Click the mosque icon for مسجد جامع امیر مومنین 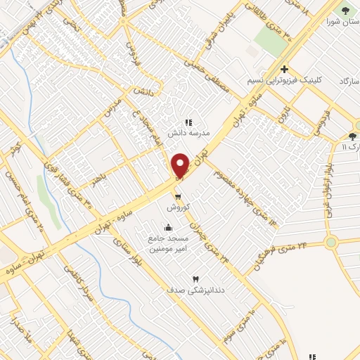pyautogui.click(x=168, y=227)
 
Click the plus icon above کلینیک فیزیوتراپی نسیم pyautogui.click(x=284, y=69)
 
